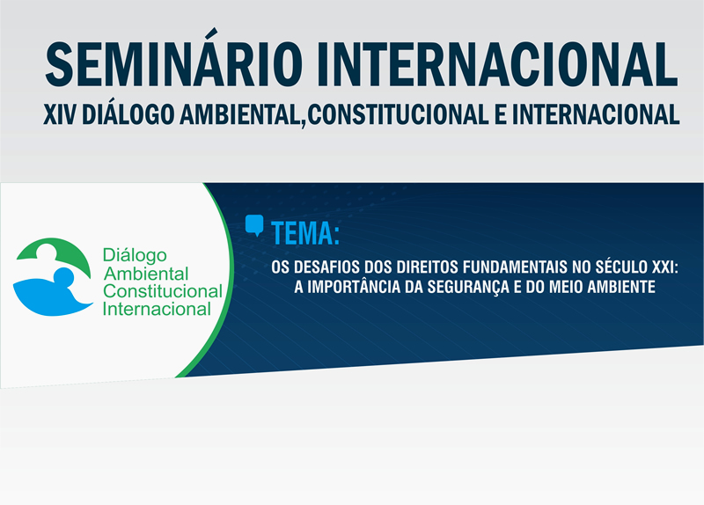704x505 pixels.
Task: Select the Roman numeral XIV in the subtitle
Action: pyautogui.click(x=59, y=114)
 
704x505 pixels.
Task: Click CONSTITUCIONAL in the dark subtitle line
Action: pyautogui.click(x=399, y=114)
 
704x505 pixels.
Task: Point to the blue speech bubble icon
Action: pyautogui.click(x=254, y=225)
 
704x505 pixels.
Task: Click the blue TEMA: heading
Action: pyautogui.click(x=305, y=233)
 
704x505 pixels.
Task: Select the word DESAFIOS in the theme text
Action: pyautogui.click(x=326, y=267)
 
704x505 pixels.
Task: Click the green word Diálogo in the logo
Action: pyautogui.click(x=135, y=255)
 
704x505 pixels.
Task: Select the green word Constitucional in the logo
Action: pyautogui.click(x=163, y=291)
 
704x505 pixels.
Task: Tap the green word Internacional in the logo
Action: pyautogui.click(x=157, y=309)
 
